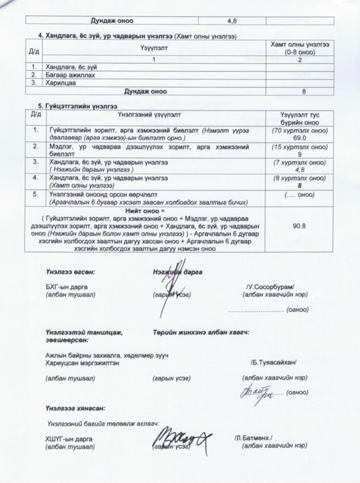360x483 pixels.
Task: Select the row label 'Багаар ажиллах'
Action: tap(62, 75)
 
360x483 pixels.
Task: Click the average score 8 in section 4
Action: tap(303, 92)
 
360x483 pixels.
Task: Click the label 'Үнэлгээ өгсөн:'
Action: tap(71, 271)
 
